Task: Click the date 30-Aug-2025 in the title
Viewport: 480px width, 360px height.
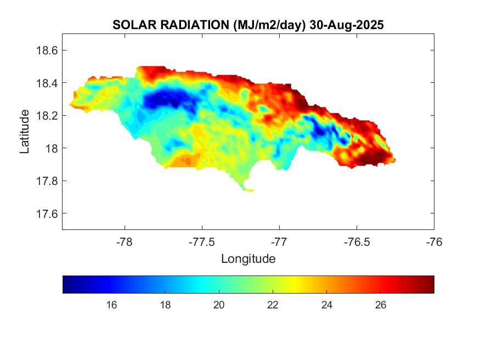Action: [x=346, y=25]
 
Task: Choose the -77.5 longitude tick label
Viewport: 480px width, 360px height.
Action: [x=202, y=241]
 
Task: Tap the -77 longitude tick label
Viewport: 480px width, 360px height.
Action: [x=279, y=241]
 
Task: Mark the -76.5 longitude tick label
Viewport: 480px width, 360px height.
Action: [x=357, y=241]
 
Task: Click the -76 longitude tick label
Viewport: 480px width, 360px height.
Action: [x=434, y=241]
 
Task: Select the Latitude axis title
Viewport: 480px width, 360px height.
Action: [x=25, y=132]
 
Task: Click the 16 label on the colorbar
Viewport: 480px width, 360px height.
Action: [x=111, y=305]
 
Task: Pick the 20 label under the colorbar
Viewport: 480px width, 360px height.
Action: [x=219, y=305]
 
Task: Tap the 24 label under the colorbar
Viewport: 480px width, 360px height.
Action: [x=327, y=305]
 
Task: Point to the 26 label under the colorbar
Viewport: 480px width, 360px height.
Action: [x=381, y=305]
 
